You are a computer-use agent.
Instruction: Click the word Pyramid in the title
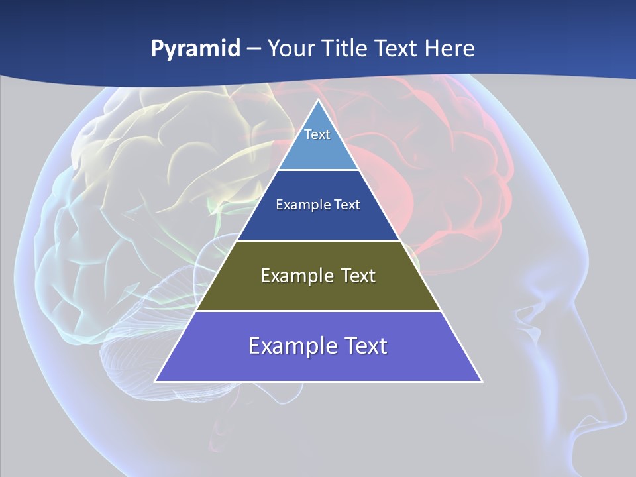[x=195, y=48]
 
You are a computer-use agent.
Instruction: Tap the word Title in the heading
[x=345, y=48]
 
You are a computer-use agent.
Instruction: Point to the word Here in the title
[x=450, y=48]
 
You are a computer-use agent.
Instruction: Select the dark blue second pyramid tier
[x=318, y=222]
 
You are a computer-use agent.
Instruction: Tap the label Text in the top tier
[x=317, y=134]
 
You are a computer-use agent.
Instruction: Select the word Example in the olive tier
[x=295, y=276]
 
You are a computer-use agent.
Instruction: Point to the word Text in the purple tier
[x=363, y=346]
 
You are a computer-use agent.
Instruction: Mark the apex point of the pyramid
[x=318, y=100]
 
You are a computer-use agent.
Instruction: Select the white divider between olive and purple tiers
[x=318, y=311]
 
